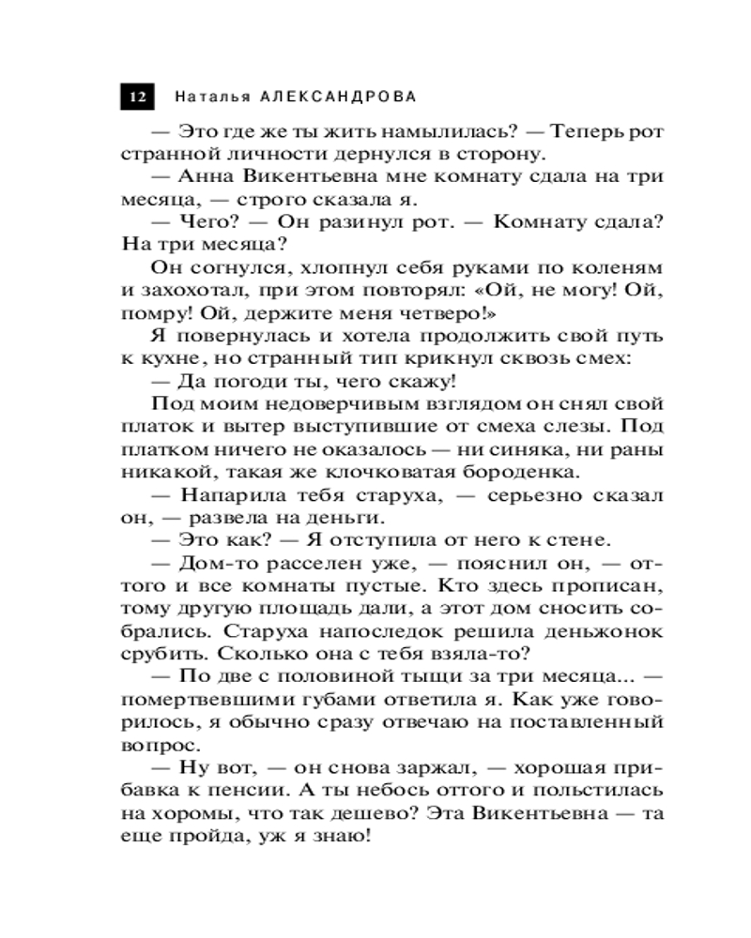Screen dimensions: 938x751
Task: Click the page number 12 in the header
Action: (138, 97)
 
